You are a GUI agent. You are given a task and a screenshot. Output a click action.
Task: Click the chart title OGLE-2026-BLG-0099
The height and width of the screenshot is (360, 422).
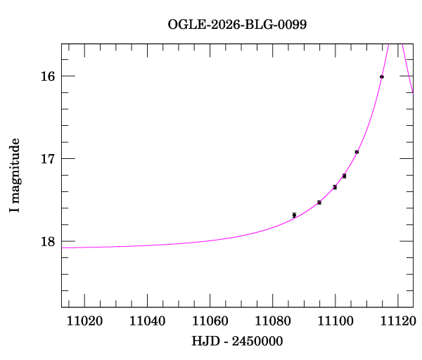(x=237, y=24)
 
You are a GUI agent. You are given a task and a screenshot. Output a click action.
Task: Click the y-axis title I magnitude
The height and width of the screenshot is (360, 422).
(x=14, y=176)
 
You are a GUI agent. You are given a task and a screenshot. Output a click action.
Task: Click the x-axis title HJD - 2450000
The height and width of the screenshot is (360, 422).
(x=237, y=342)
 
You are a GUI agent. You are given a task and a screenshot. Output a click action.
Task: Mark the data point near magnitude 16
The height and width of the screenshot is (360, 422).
(x=381, y=77)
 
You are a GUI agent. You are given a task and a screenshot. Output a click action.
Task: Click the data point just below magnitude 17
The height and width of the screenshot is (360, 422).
(x=357, y=152)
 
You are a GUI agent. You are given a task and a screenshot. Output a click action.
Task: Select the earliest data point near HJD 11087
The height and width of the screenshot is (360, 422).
(x=294, y=215)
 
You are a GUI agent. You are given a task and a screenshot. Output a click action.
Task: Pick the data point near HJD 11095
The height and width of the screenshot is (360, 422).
(x=319, y=202)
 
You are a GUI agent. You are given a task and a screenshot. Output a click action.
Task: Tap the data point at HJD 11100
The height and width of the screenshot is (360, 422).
(x=335, y=187)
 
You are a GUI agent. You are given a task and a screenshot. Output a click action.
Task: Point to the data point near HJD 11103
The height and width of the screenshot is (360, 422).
(x=344, y=176)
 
